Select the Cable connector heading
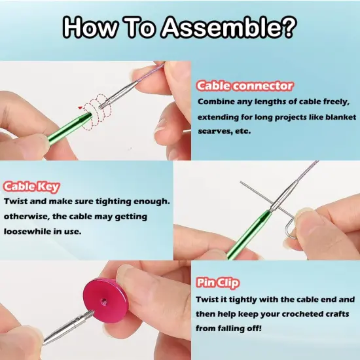[245, 86]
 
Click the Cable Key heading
[35, 187]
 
